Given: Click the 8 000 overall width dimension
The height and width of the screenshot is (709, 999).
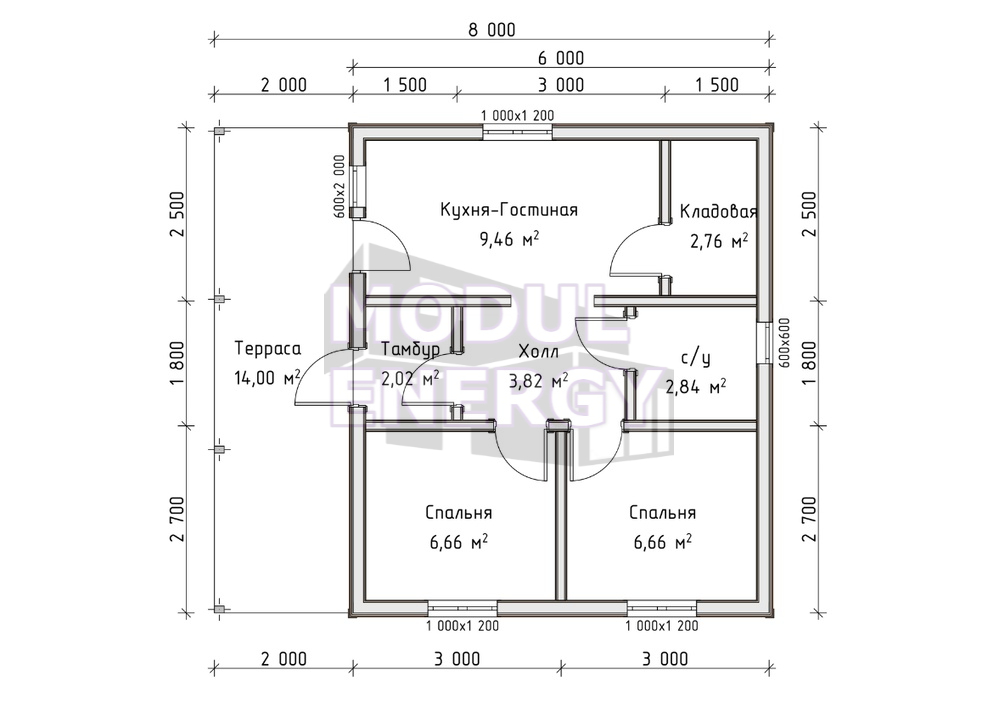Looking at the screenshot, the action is pyautogui.click(x=492, y=30).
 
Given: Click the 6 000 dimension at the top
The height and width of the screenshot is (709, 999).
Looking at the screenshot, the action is pyautogui.click(x=561, y=58).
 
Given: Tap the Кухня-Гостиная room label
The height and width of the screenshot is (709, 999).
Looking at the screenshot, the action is pyautogui.click(x=509, y=210).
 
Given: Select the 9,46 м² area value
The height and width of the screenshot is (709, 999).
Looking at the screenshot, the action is pyautogui.click(x=509, y=240).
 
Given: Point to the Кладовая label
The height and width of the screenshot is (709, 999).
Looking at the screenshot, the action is pyautogui.click(x=718, y=211).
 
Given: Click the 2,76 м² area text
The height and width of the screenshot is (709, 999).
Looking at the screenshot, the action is pyautogui.click(x=719, y=241).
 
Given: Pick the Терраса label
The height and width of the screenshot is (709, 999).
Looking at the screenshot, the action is pyautogui.click(x=268, y=348).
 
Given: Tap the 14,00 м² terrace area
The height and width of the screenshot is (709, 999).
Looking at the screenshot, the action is pyautogui.click(x=268, y=377).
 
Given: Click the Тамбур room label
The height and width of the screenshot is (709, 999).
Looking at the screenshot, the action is pyautogui.click(x=410, y=349).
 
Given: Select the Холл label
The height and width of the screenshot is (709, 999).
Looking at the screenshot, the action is pyautogui.click(x=539, y=351).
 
